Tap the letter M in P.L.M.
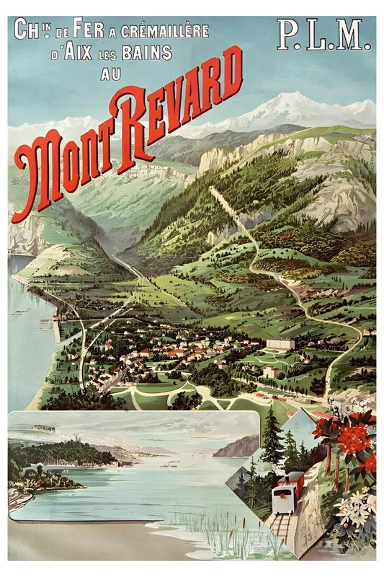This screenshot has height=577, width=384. tap(355, 36)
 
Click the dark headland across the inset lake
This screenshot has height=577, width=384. tap(237, 446)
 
